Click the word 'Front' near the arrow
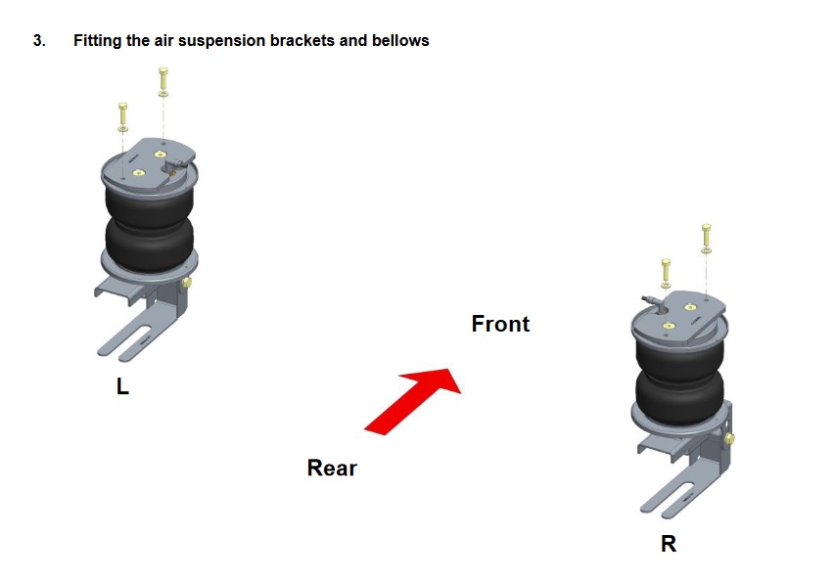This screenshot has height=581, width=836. click(x=500, y=324)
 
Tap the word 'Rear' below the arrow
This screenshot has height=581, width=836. click(x=332, y=469)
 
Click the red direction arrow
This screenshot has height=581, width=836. click(x=413, y=401)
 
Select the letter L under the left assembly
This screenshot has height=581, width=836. click(x=122, y=386)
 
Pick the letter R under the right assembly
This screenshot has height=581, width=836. click(x=669, y=544)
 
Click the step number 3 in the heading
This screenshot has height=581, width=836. click(x=38, y=40)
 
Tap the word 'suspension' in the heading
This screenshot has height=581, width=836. click(x=221, y=41)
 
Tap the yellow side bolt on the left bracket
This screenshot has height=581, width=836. click(x=187, y=283)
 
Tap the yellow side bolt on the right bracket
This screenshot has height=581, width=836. click(x=730, y=439)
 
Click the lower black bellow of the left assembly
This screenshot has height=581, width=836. click(x=149, y=244)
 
